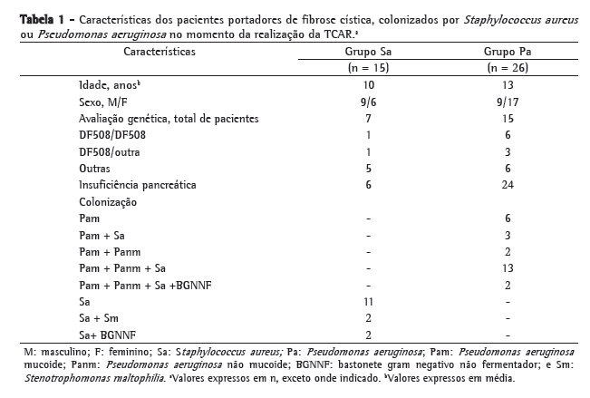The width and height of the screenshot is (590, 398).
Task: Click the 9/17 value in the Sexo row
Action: pos(507,102)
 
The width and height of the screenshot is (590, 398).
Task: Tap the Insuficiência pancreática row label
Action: pos(137,184)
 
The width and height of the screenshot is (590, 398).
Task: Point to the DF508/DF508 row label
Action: pos(111,135)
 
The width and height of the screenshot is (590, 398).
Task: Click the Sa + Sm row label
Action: pos(98,317)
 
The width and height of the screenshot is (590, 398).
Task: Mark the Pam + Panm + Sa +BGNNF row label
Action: pos(140,284)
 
